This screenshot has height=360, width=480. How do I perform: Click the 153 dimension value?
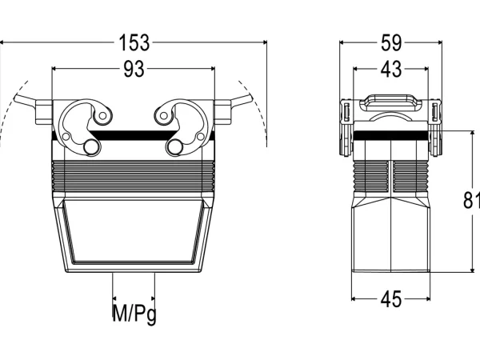coord(134,42)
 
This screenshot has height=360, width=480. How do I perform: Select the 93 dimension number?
coord(134,69)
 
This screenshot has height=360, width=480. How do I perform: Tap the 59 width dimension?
coord(391,42)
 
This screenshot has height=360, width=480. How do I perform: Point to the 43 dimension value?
coord(391,69)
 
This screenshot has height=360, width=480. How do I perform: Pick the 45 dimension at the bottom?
coord(391,299)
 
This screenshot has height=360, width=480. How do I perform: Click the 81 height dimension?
coord(471,201)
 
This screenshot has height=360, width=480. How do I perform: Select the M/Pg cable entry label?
coord(134,313)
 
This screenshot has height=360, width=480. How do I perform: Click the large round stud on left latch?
coord(91,147)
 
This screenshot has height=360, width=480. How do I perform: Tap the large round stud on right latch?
coord(175,147)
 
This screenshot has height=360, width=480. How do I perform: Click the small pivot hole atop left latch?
coord(103,116)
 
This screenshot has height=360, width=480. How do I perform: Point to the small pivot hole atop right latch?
coord(164,116)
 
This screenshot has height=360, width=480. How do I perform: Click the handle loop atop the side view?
coord(391,102)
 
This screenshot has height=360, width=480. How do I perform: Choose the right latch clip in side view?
coord(435,128)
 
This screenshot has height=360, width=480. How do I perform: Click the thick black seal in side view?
coord(391,135)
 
